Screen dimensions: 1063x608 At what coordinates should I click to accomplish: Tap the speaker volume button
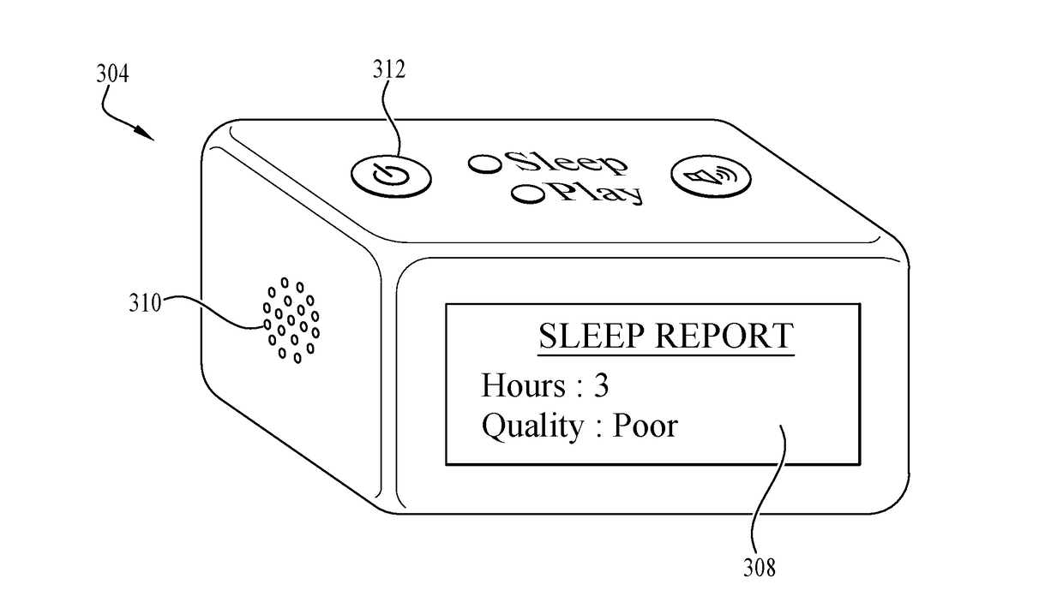(710, 177)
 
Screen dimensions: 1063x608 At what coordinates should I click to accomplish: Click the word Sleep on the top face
(565, 163)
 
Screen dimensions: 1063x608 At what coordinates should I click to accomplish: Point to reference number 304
(111, 75)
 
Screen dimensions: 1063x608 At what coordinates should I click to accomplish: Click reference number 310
(145, 303)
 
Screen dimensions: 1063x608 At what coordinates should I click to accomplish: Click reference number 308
(760, 566)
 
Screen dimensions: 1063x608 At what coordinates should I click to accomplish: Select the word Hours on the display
(522, 385)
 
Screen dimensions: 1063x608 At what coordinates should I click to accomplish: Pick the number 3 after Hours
(601, 385)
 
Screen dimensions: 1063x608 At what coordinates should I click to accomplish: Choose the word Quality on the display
(531, 426)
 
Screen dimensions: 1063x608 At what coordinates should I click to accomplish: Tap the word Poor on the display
(644, 426)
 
